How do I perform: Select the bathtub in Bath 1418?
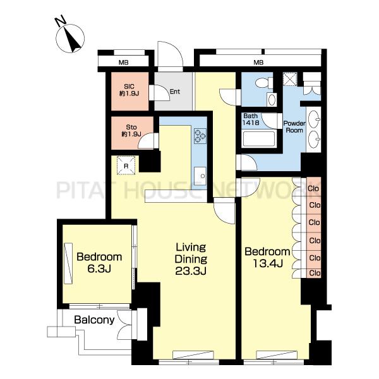click(259, 139)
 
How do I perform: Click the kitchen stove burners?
click(200, 136)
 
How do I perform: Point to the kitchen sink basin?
click(200, 176)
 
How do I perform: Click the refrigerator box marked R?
click(126, 165)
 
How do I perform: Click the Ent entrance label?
click(175, 92)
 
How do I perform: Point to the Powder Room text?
click(294, 127)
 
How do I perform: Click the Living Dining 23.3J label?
click(191, 259)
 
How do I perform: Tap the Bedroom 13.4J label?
click(267, 258)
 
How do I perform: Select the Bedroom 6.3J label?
click(99, 263)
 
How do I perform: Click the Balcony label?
click(94, 320)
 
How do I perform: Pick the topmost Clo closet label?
click(313, 188)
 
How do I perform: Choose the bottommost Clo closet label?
click(315, 273)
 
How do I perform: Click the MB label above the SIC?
click(124, 63)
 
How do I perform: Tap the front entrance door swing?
click(171, 56)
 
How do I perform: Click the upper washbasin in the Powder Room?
click(314, 119)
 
